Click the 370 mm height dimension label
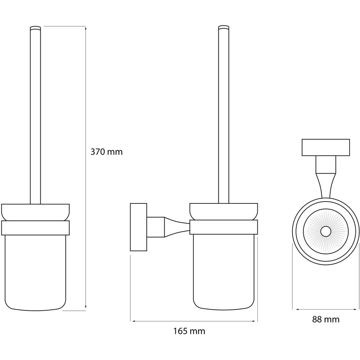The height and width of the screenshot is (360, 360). click(x=107, y=152)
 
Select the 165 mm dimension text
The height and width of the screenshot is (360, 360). click(x=189, y=331)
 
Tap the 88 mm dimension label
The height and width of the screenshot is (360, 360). click(x=325, y=319)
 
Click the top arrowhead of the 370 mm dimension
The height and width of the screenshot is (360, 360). click(x=86, y=28)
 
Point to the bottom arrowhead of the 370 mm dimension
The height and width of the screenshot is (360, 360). click(x=86, y=307)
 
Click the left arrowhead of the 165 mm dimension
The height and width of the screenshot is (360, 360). click(x=132, y=321)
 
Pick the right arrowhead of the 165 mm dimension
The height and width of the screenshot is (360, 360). click(x=256, y=321)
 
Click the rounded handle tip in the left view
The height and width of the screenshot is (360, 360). click(x=35, y=27)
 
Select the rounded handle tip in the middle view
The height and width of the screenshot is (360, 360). click(x=224, y=27)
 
